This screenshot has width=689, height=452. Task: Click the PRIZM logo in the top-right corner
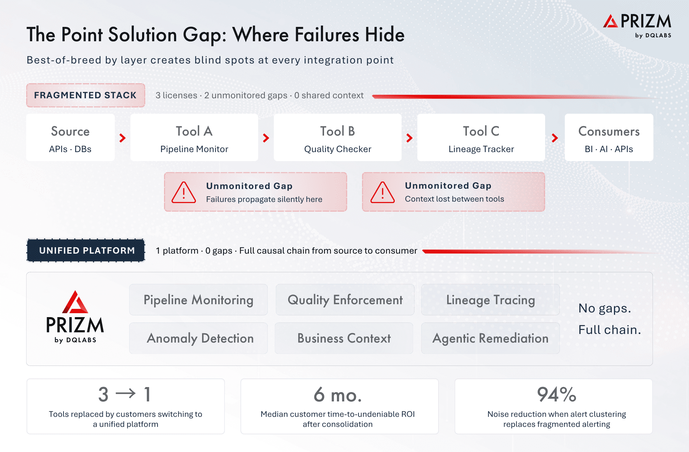[x=637, y=25]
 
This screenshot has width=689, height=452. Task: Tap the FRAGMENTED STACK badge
[x=85, y=95]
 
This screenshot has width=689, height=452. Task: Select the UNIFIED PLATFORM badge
[x=86, y=250]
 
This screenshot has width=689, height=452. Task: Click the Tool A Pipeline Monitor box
[x=194, y=137]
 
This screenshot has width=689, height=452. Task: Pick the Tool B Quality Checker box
[x=338, y=137]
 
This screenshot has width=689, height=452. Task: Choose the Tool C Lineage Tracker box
[x=481, y=137]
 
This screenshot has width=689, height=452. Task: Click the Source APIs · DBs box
[x=70, y=137]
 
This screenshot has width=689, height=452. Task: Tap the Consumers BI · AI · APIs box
[x=609, y=137]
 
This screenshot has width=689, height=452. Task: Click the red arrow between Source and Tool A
[x=122, y=138]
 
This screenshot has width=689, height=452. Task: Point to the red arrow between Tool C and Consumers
[x=555, y=138]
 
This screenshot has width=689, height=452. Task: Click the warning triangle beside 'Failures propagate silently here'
[x=184, y=193]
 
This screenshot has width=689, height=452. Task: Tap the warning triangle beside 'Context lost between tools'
[x=383, y=193]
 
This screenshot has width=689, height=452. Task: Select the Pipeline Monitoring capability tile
[x=198, y=300]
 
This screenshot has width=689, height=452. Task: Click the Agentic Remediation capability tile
[x=490, y=338]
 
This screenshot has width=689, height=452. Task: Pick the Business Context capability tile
[x=344, y=338]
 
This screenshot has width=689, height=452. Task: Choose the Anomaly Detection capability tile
[x=198, y=338]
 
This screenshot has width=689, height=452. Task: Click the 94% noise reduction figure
[x=557, y=395]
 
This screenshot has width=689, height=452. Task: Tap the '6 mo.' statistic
[x=338, y=395]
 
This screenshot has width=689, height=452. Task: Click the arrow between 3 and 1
[x=126, y=394]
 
